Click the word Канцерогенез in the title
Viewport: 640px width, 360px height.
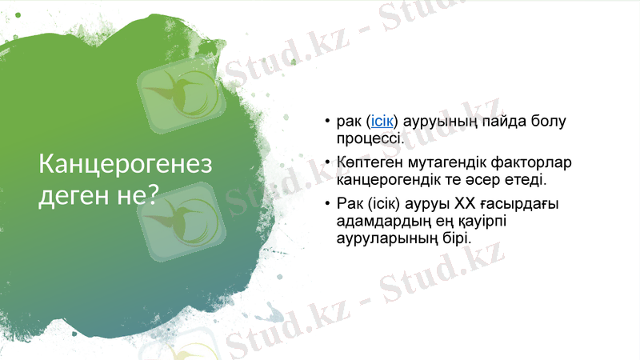tap(126, 164)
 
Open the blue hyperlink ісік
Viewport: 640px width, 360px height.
tap(382, 122)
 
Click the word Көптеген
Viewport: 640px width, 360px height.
tap(368, 163)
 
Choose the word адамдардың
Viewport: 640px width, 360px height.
tap(378, 222)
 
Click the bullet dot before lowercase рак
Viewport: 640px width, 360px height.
tap(327, 122)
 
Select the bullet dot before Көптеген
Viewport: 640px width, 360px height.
tap(327, 163)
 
